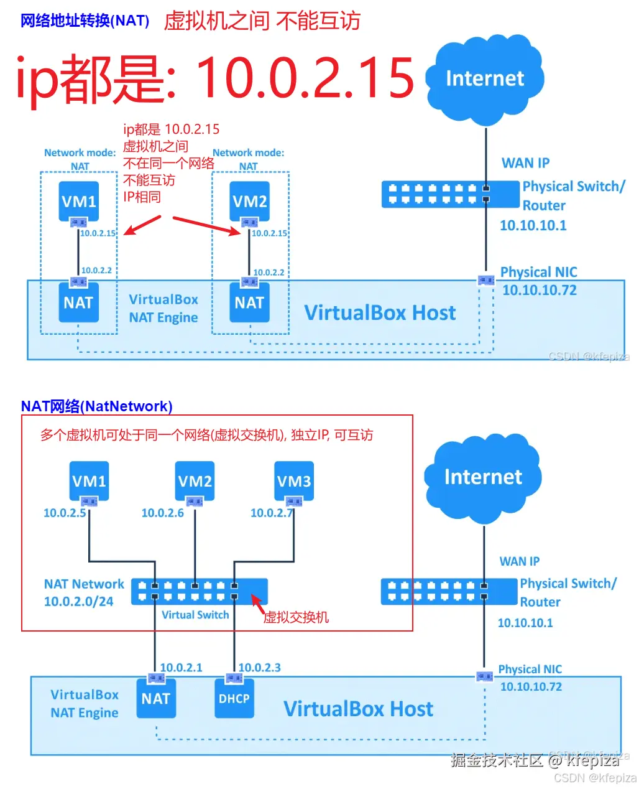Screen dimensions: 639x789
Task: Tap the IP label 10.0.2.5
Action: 65,512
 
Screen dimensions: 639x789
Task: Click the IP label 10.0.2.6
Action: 162,512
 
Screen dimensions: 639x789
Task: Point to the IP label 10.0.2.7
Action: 271,512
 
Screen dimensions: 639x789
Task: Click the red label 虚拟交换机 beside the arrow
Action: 295,617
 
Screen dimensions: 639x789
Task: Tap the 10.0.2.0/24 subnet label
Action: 78,600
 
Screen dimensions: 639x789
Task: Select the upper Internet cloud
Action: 484,79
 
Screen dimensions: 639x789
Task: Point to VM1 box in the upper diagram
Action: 78,201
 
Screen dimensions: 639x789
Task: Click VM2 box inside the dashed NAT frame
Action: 249,201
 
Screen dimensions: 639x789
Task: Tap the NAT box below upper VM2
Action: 249,302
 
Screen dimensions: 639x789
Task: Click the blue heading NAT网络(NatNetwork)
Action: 96,406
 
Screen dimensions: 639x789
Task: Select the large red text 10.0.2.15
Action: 304,78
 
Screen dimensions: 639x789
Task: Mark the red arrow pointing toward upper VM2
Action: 206,226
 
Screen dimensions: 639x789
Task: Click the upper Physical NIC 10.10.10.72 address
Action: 539,289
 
